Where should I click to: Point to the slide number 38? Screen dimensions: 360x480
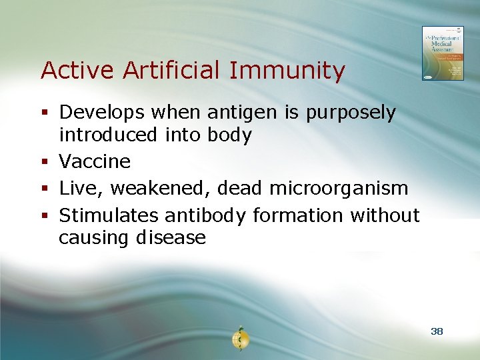pyautogui.click(x=437, y=331)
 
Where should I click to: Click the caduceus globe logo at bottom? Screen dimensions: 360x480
pyautogui.click(x=239, y=339)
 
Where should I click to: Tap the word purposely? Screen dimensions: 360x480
pyautogui.click(x=351, y=114)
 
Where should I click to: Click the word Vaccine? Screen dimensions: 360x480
pyautogui.click(x=95, y=161)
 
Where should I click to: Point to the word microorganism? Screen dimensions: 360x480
pyautogui.click(x=338, y=189)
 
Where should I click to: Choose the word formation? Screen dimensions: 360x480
pyautogui.click(x=293, y=215)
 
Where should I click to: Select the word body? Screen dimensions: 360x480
pyautogui.click(x=229, y=136)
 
